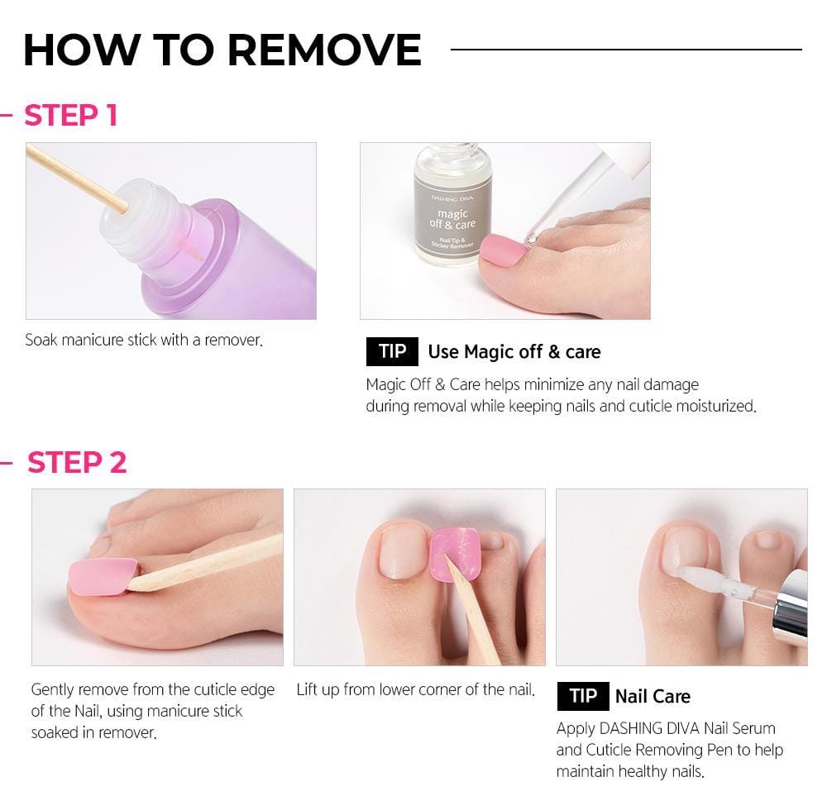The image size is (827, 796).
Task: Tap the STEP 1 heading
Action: (70, 115)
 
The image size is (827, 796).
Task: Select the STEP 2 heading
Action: (76, 462)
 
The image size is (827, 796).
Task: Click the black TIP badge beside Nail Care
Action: (582, 696)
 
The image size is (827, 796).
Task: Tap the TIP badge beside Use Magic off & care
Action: (392, 351)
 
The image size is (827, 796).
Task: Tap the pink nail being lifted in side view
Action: (103, 575)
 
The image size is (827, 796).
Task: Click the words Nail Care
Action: (653, 696)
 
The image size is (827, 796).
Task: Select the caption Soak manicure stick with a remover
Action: (144, 340)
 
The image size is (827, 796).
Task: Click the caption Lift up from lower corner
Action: (415, 689)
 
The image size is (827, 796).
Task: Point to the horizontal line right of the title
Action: (626, 50)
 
